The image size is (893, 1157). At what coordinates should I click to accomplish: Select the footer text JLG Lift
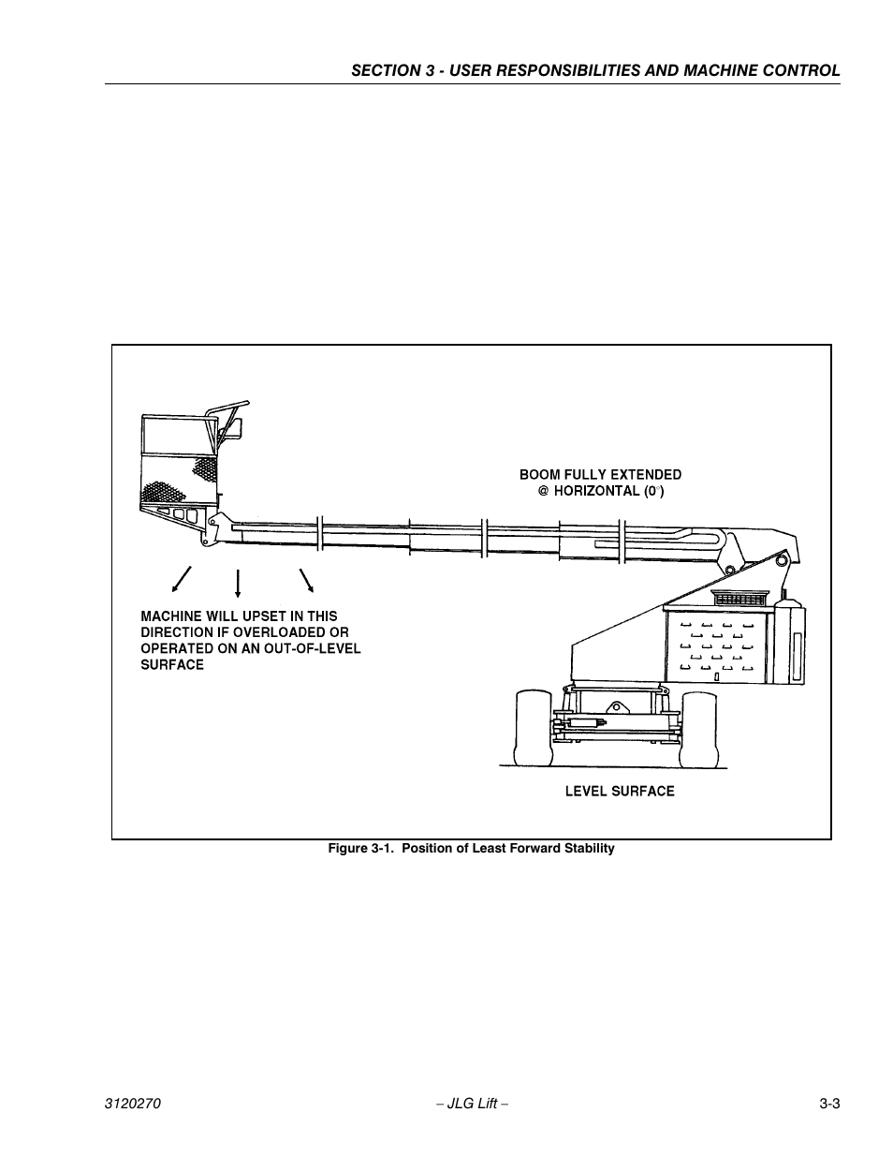click(x=473, y=1104)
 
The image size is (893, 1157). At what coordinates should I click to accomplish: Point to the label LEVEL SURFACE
click(x=619, y=792)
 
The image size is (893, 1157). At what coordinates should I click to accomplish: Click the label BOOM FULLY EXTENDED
click(x=600, y=475)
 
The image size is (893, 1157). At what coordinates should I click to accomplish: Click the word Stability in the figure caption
click(x=587, y=849)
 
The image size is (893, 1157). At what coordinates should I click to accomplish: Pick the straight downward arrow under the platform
click(x=238, y=582)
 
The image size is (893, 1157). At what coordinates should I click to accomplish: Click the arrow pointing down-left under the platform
click(x=181, y=580)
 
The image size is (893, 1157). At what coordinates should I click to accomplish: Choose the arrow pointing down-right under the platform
click(x=305, y=580)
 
